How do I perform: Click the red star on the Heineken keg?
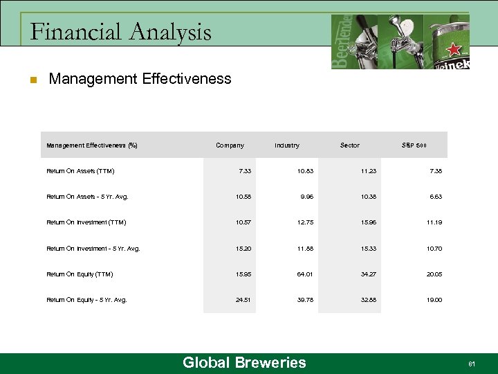pos(454,49)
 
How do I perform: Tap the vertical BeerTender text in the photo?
pos(340,42)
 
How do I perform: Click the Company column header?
pos(230,145)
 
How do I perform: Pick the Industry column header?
pos(287,145)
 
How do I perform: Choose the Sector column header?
pos(350,145)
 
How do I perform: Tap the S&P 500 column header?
pos(414,145)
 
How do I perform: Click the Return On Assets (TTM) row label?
pos(80,171)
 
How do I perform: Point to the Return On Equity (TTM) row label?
pos(80,274)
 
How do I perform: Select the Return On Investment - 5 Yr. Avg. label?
pos(93,249)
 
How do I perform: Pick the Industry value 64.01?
pos(306,274)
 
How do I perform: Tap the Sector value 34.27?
pos(367,274)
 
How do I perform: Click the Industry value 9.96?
pos(308,197)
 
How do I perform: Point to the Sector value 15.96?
pos(367,222)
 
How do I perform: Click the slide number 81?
pos(472,364)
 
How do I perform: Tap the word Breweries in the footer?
pos(270,363)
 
